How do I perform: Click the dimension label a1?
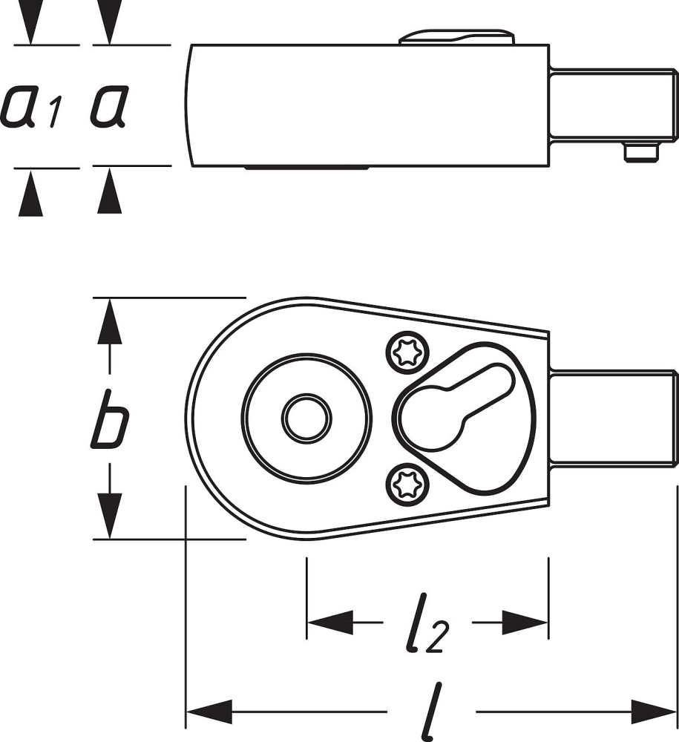[x=31, y=106]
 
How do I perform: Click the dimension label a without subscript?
[x=109, y=106]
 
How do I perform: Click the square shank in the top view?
[x=612, y=420]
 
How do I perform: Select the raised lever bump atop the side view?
[x=457, y=37]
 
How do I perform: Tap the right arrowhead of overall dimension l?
[x=653, y=713]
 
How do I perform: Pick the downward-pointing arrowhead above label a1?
[x=30, y=26]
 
